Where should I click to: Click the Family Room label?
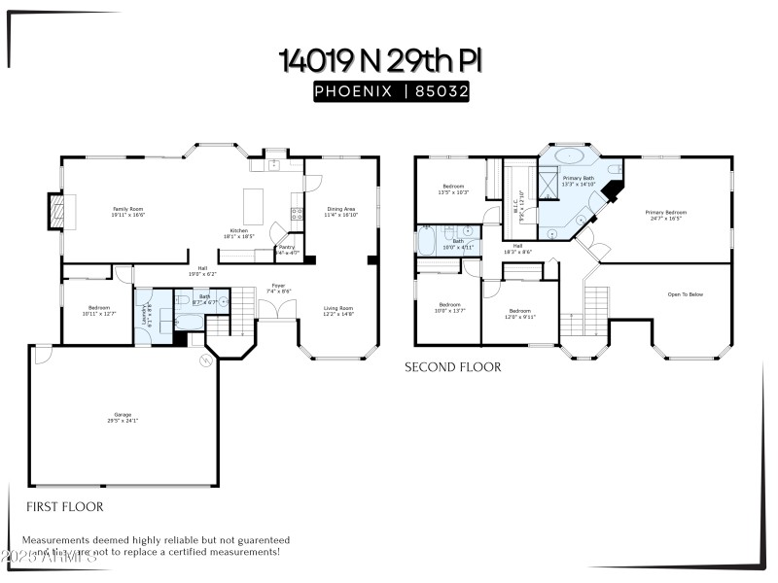[x=127, y=211]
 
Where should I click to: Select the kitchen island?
[x=254, y=205]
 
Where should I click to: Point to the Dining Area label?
[x=340, y=211]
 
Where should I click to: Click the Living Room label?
[x=338, y=311]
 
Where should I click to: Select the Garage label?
[x=124, y=418]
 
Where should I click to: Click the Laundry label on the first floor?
[x=144, y=314]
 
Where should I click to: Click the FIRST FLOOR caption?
[x=64, y=506]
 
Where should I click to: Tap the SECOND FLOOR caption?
[x=453, y=367]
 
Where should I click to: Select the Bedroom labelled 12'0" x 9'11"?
[x=520, y=313]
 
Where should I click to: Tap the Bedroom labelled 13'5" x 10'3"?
[x=454, y=189]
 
